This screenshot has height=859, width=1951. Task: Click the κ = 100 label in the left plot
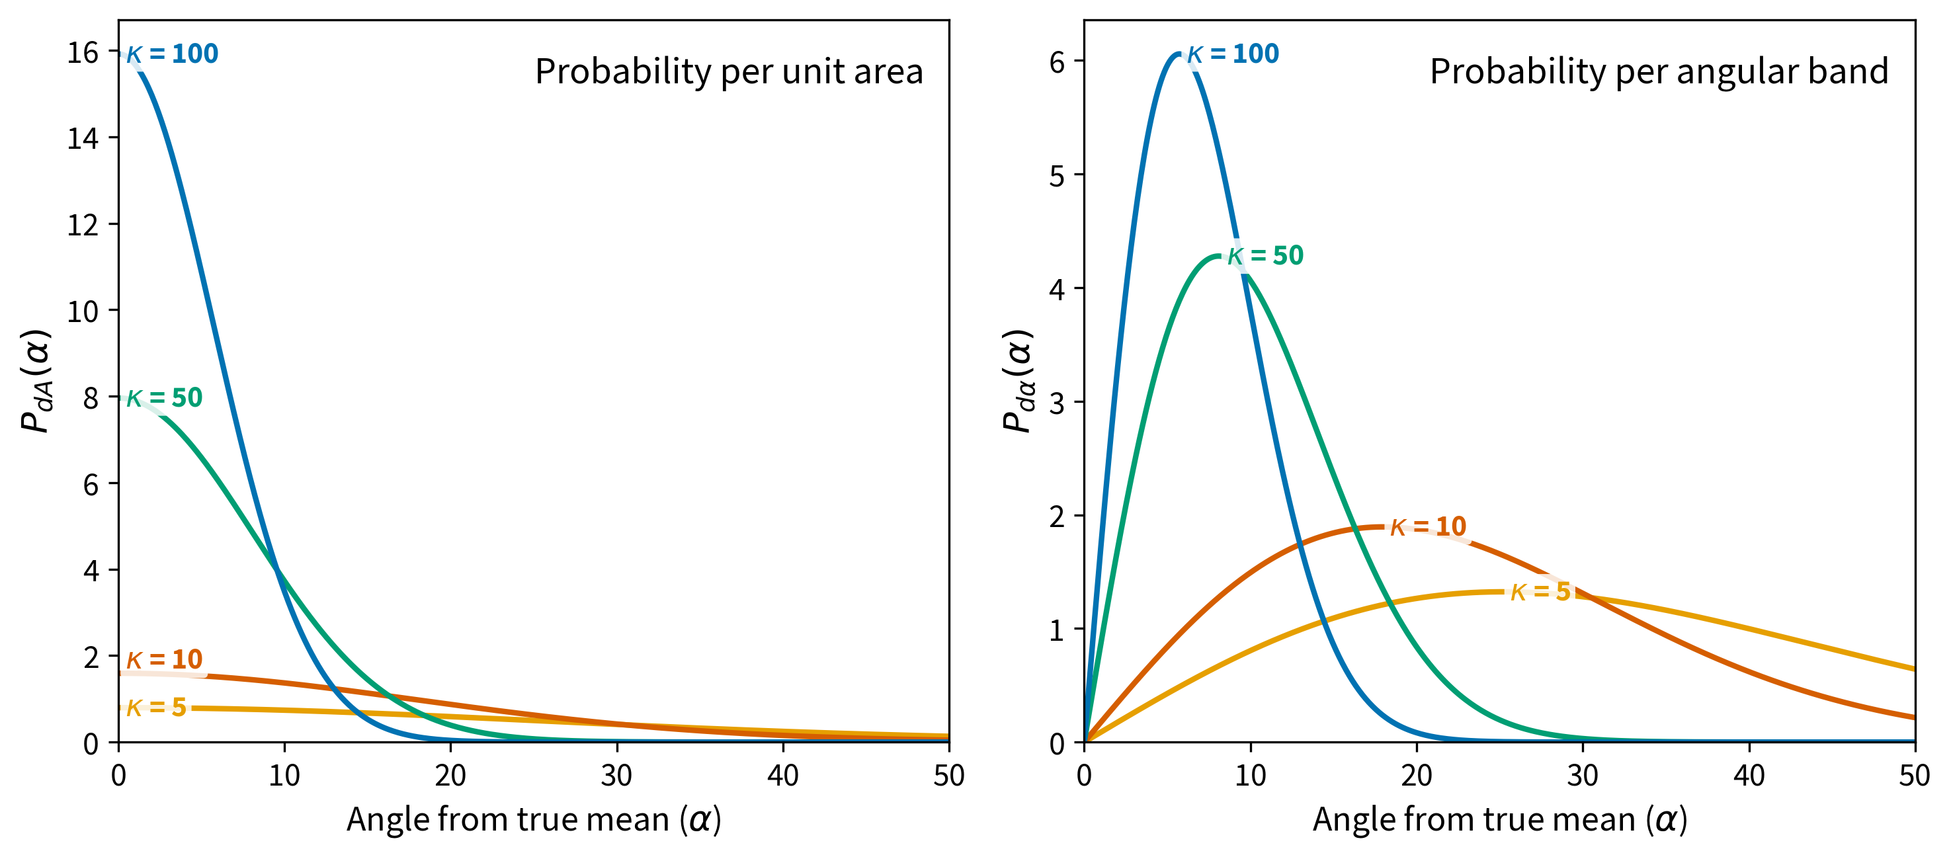[x=172, y=54]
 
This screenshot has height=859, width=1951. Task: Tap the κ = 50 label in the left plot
[x=165, y=397]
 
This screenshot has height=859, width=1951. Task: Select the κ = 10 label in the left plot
[x=165, y=659]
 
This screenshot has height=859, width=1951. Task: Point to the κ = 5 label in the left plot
[x=156, y=708]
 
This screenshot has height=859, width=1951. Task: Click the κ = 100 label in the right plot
[x=1233, y=54]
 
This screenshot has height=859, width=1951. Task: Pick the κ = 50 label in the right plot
[x=1266, y=256]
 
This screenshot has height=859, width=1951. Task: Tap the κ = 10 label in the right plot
[x=1429, y=526]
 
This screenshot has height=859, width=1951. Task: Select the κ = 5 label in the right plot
[x=1540, y=592]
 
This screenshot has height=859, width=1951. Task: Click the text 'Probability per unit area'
[x=729, y=72]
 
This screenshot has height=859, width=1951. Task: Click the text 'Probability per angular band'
[x=1659, y=72]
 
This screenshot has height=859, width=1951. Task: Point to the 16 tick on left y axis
[x=83, y=53]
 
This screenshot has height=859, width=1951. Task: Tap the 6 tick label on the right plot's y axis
[x=1058, y=62]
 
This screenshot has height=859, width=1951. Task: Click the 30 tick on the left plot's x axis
[x=616, y=776]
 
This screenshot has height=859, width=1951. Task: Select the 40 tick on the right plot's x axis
[x=1749, y=776]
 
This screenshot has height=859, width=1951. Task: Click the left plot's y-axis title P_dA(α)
[x=36, y=381]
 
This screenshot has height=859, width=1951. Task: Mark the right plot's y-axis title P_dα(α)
[x=1018, y=381]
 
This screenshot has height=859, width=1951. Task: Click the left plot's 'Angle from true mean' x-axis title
[x=534, y=819]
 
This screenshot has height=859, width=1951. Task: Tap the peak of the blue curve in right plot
[x=1179, y=53]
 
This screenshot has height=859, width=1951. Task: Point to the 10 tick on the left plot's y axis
[x=83, y=311]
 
